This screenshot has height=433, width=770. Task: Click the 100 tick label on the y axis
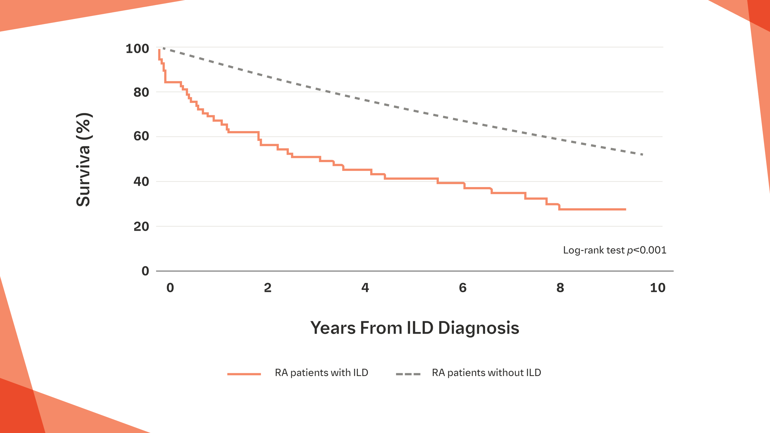coord(137,49)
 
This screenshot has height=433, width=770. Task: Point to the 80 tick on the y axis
coord(141,92)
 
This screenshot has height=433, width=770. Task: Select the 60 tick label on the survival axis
coord(141,136)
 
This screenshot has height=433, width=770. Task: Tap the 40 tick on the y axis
coord(141,182)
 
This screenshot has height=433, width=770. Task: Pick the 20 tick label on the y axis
coord(141,227)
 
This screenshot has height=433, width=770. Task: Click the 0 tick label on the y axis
coord(145,271)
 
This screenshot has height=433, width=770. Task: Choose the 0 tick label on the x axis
coord(170,288)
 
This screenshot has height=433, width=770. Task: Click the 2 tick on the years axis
coord(268,288)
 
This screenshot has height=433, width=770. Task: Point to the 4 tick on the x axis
coord(365,288)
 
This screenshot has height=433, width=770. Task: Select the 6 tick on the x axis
coord(463,288)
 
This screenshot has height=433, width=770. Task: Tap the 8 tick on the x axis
coord(560,288)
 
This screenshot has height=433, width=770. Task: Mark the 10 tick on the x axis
coord(658,288)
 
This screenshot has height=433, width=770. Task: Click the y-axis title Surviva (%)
coord(84,160)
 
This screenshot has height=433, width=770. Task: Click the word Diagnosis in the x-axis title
coord(478,328)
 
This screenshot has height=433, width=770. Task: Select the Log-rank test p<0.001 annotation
coord(615,250)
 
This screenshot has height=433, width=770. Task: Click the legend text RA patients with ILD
coord(321,373)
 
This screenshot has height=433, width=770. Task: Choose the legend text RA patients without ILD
coord(486,373)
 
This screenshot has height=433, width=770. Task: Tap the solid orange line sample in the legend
coord(244,374)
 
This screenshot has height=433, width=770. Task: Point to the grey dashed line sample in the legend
coord(408,374)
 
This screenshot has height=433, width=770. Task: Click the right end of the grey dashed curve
coord(642,154)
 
